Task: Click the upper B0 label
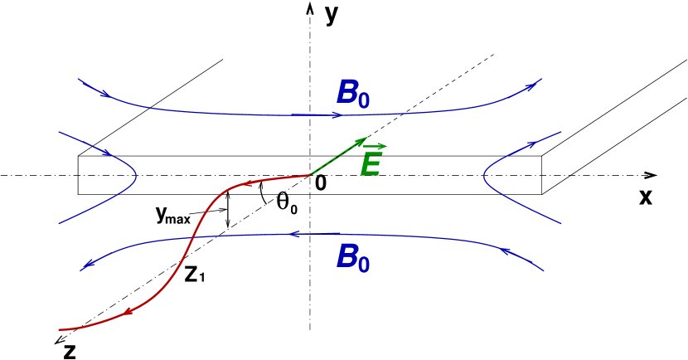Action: (x=353, y=94)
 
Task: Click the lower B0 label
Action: (x=353, y=258)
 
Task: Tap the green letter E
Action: (x=371, y=166)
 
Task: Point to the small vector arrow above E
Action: (x=375, y=147)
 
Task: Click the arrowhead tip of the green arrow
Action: (x=366, y=139)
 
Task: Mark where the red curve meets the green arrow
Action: (x=310, y=175)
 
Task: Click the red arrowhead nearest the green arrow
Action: (x=246, y=182)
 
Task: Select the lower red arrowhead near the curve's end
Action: (x=128, y=312)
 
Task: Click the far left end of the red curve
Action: (x=60, y=330)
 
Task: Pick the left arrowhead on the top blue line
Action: (x=104, y=94)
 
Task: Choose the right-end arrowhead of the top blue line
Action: (x=529, y=86)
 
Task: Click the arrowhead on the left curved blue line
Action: (x=107, y=153)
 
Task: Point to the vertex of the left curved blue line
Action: (x=136, y=176)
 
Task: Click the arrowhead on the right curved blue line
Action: (x=531, y=145)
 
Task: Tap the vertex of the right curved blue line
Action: (x=485, y=176)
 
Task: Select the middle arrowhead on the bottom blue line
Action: (x=294, y=235)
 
